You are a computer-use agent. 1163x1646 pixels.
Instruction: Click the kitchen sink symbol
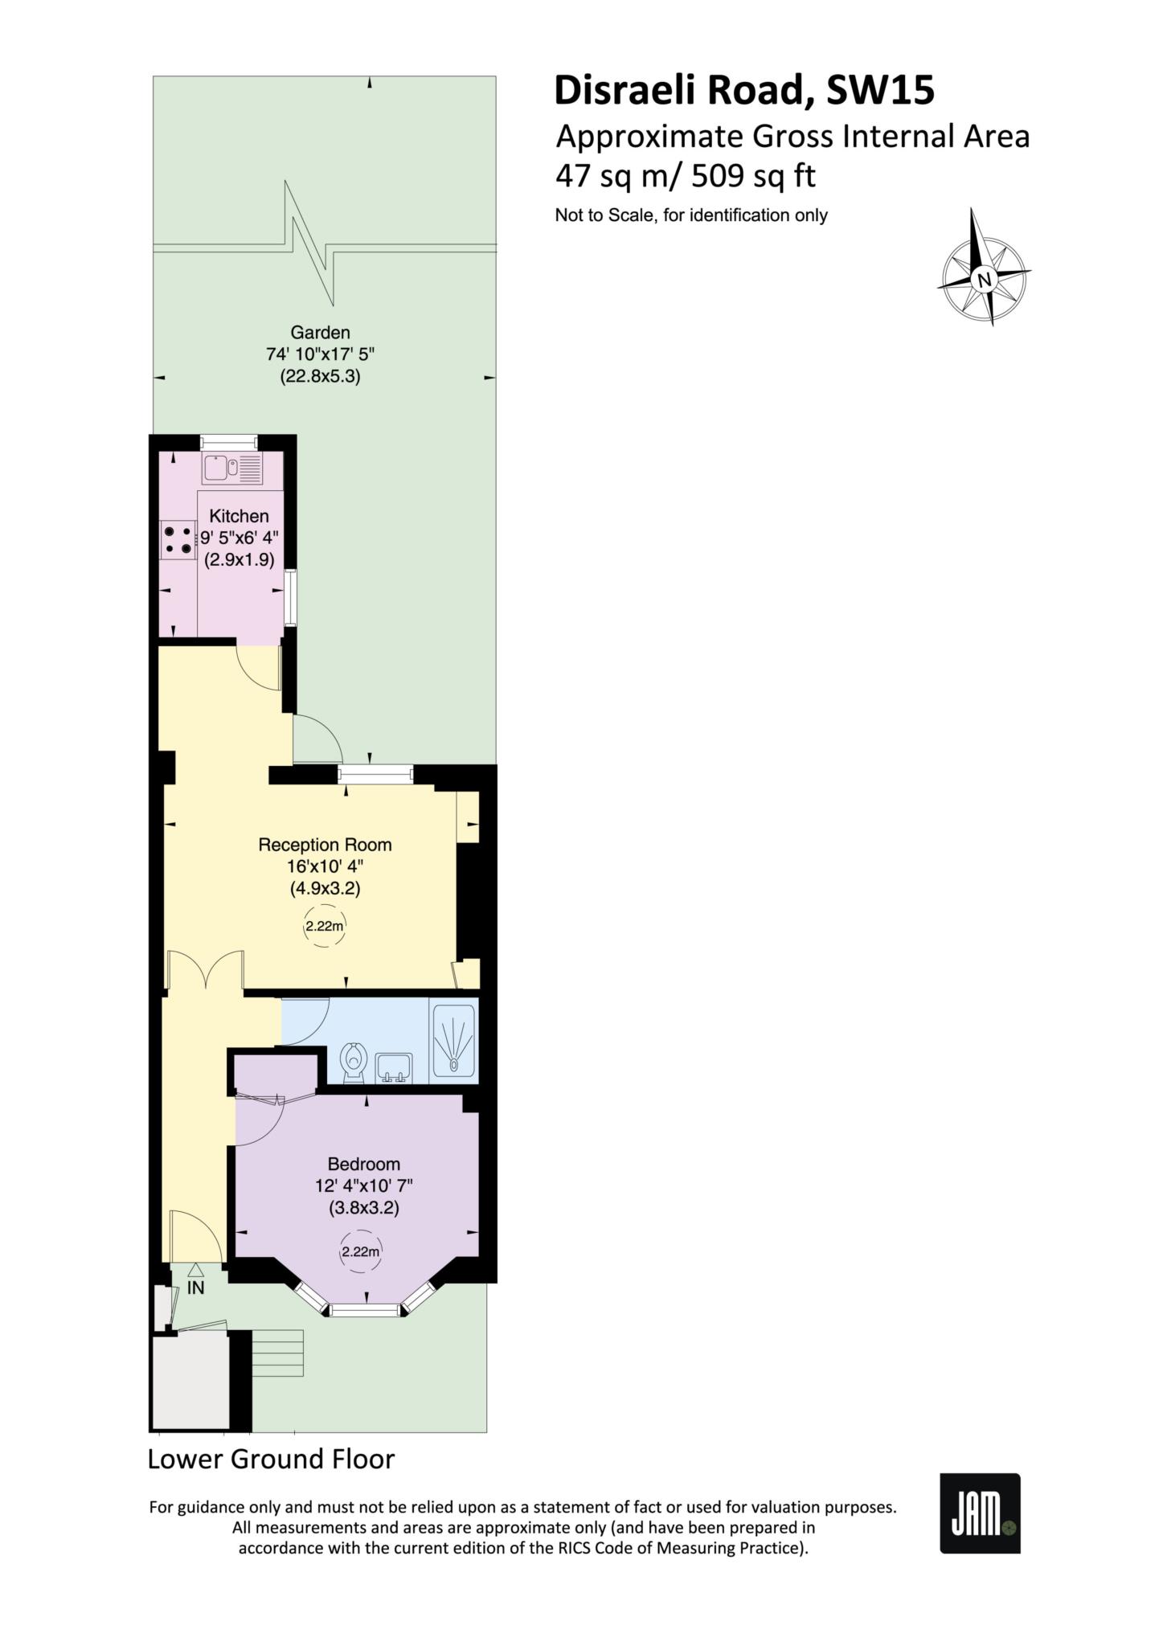[232, 469]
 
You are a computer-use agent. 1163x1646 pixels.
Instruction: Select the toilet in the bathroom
[352, 1063]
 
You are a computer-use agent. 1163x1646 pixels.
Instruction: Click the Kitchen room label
[239, 516]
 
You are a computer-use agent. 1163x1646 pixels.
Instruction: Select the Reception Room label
[325, 845]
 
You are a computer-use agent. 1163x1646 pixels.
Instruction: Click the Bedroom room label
[363, 1164]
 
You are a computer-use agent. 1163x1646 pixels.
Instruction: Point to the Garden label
[320, 332]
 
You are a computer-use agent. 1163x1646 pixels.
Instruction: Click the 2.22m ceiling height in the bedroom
[360, 1251]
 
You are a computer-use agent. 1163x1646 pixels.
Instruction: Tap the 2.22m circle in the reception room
[324, 927]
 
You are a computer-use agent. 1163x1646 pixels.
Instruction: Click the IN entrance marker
[195, 1287]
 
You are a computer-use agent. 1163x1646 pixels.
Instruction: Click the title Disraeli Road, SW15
[744, 91]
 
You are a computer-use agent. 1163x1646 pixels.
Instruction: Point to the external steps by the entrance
[277, 1353]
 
